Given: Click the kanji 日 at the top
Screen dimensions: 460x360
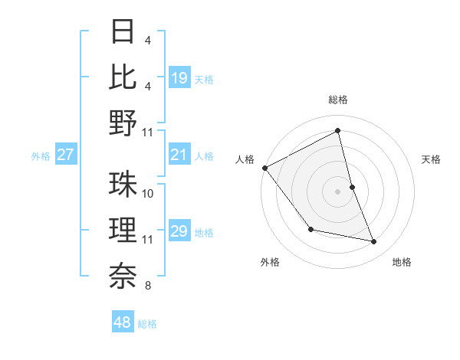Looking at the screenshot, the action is (x=123, y=32).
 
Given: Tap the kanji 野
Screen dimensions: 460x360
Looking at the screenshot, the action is (x=123, y=123).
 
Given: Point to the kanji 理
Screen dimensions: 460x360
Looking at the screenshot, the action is (x=123, y=229).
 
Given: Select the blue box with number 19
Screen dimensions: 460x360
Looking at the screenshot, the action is (x=179, y=77).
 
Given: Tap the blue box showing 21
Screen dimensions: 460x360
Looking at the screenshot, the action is (x=179, y=155).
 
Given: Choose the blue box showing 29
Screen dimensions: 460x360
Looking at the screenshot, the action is (x=179, y=232).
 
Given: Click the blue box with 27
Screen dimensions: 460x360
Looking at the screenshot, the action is (x=65, y=155).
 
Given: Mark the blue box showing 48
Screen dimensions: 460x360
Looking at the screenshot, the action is (x=123, y=322).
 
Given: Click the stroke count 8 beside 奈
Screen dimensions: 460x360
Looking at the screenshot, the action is (x=147, y=286).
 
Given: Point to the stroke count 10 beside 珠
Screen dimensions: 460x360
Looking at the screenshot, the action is (x=149, y=194).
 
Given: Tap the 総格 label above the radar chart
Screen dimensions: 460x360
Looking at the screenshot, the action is (x=338, y=100).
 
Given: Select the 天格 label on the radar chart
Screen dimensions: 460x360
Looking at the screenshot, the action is (x=431, y=159).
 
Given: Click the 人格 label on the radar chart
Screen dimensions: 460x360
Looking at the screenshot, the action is (x=245, y=159).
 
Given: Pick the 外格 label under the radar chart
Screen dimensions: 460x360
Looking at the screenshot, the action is (x=270, y=262).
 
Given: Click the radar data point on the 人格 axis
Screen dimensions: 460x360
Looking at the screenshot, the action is (x=264, y=167).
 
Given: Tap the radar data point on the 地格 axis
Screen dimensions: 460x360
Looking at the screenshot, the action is (x=374, y=242).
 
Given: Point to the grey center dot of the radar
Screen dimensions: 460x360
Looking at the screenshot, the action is (x=338, y=191).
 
